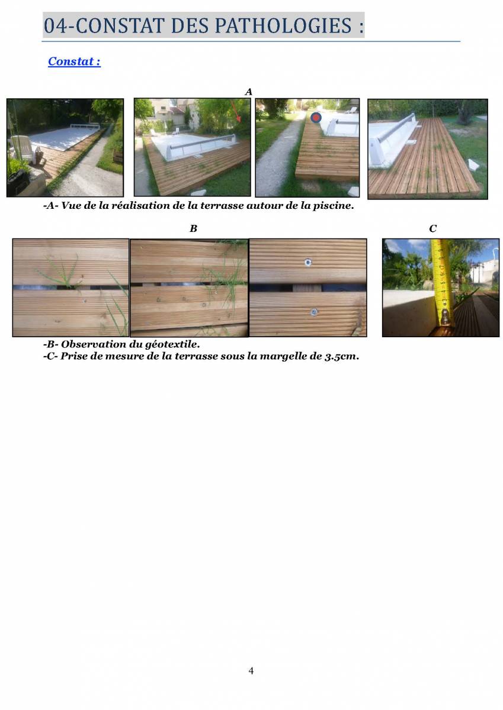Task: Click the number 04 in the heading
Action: (x=55, y=25)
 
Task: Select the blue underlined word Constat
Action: (x=71, y=61)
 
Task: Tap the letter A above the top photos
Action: (x=248, y=92)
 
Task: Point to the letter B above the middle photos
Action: (x=193, y=228)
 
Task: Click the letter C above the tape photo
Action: (x=432, y=228)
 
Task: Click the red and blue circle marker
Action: (x=316, y=118)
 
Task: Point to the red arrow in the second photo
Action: (x=235, y=112)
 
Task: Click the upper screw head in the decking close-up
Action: (x=307, y=262)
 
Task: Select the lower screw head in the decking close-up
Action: (x=313, y=312)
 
